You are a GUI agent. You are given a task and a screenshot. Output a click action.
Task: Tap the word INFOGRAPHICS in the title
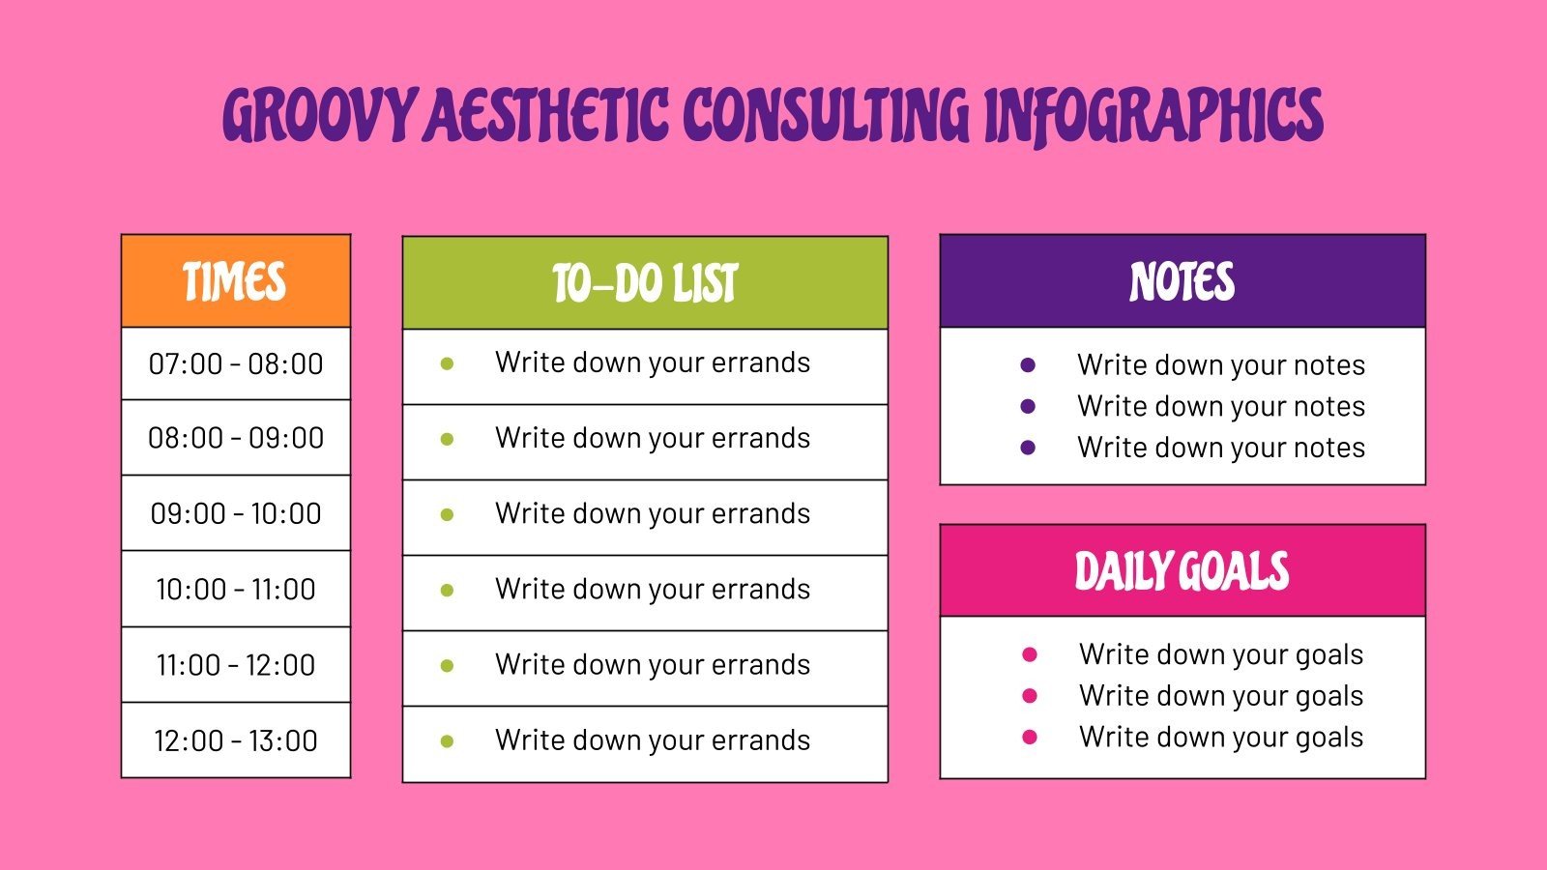[x=1153, y=116]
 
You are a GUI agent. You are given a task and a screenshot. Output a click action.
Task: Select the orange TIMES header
[x=235, y=282]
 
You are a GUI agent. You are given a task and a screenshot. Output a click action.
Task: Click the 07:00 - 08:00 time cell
[x=236, y=364]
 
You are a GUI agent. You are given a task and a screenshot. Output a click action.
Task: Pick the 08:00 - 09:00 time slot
[x=236, y=438]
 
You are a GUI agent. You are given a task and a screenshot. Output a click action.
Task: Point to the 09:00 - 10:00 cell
[x=236, y=513]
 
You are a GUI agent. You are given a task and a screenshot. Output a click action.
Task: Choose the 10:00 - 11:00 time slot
[x=236, y=589]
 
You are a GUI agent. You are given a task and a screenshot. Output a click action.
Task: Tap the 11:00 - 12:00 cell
[x=236, y=665]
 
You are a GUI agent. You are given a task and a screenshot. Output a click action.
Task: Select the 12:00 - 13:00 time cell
[x=236, y=740]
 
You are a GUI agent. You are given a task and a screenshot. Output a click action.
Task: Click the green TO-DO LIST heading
[x=645, y=283]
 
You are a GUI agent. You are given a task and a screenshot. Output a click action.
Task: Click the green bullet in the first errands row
[x=447, y=364]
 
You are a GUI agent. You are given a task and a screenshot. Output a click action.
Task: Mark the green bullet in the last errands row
[x=447, y=742]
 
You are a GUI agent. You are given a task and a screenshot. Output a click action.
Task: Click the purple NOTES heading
[x=1182, y=282]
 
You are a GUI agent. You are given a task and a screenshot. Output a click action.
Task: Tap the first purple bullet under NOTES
[x=1028, y=365]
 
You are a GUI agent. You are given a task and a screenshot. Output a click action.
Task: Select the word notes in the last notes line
[x=1329, y=449]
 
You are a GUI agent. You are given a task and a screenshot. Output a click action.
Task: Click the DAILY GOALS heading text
[x=1182, y=571]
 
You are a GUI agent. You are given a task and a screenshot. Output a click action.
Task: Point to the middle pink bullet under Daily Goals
[x=1030, y=696]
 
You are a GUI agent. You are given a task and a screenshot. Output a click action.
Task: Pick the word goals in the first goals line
[x=1328, y=655]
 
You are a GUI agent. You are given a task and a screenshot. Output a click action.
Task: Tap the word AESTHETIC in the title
[x=547, y=116]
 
